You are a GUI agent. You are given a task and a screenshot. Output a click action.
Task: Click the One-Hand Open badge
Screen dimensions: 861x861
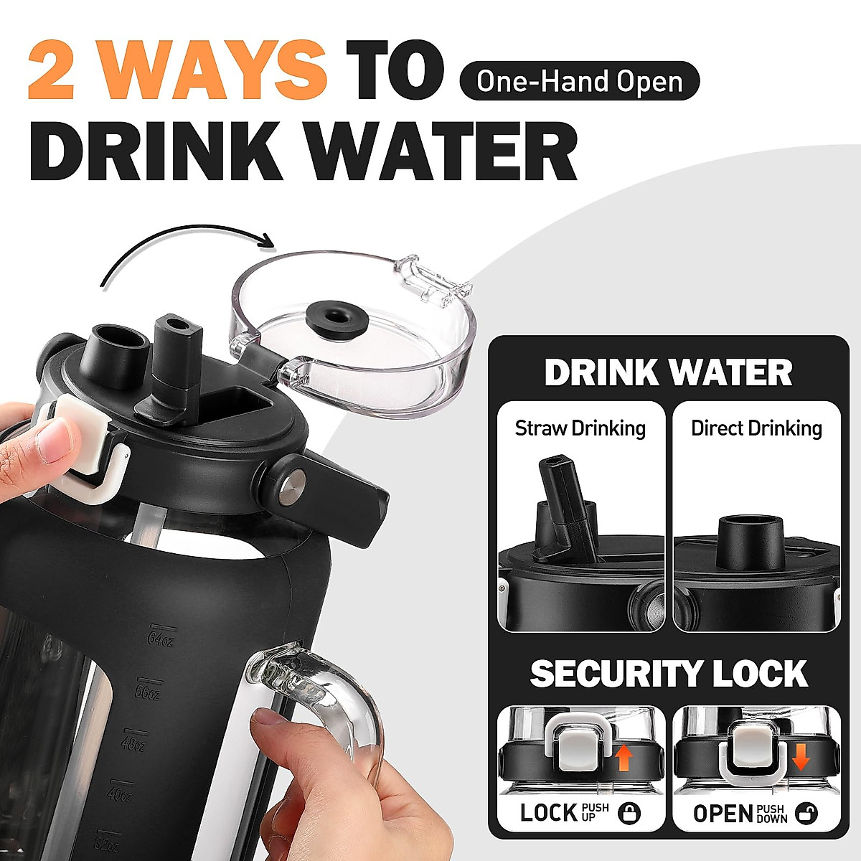pos(579,81)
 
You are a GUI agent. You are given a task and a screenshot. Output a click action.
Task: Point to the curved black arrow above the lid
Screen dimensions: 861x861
pos(187,248)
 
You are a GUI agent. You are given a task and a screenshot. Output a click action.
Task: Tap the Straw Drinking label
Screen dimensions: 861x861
pos(580,428)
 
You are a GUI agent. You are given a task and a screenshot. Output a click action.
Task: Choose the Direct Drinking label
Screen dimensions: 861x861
pos(756,428)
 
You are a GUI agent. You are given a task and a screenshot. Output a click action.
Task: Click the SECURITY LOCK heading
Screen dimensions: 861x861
pos(668,674)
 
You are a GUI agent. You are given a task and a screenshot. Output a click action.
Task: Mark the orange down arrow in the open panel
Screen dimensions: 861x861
pos(801,757)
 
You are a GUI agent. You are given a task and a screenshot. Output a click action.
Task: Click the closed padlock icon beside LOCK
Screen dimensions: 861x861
pos(629,813)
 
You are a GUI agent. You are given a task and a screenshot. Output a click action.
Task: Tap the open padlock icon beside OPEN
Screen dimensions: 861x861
pos(807,813)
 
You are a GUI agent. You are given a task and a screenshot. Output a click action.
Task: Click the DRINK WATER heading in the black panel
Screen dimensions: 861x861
pos(668,372)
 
